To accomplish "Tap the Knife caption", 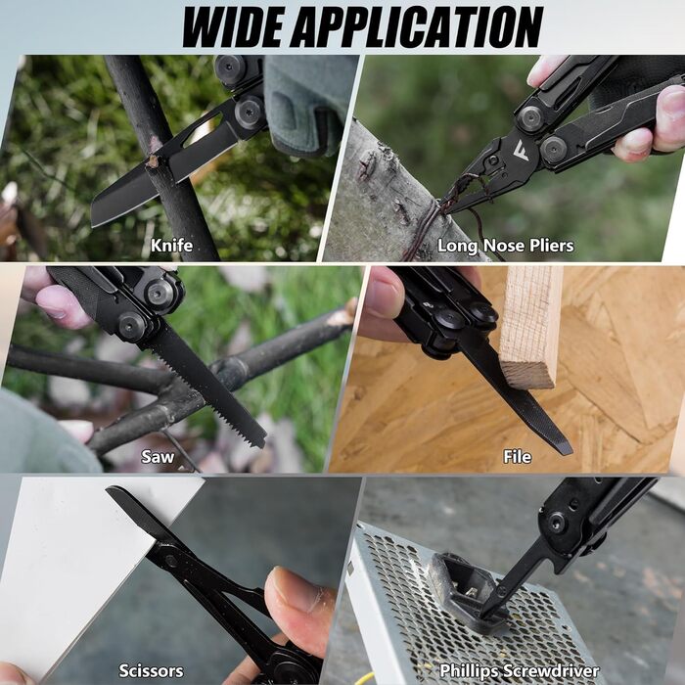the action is coord(171,245).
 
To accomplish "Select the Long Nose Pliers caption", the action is coord(506,246).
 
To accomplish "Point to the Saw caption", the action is coord(158,457).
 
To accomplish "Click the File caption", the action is coord(518,457).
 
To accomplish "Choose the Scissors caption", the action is coord(151,670).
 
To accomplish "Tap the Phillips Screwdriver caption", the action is coord(519,670).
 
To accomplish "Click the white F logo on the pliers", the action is coord(522,151).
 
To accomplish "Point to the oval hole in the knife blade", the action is coord(204,130).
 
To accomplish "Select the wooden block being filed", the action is coord(530,327).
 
